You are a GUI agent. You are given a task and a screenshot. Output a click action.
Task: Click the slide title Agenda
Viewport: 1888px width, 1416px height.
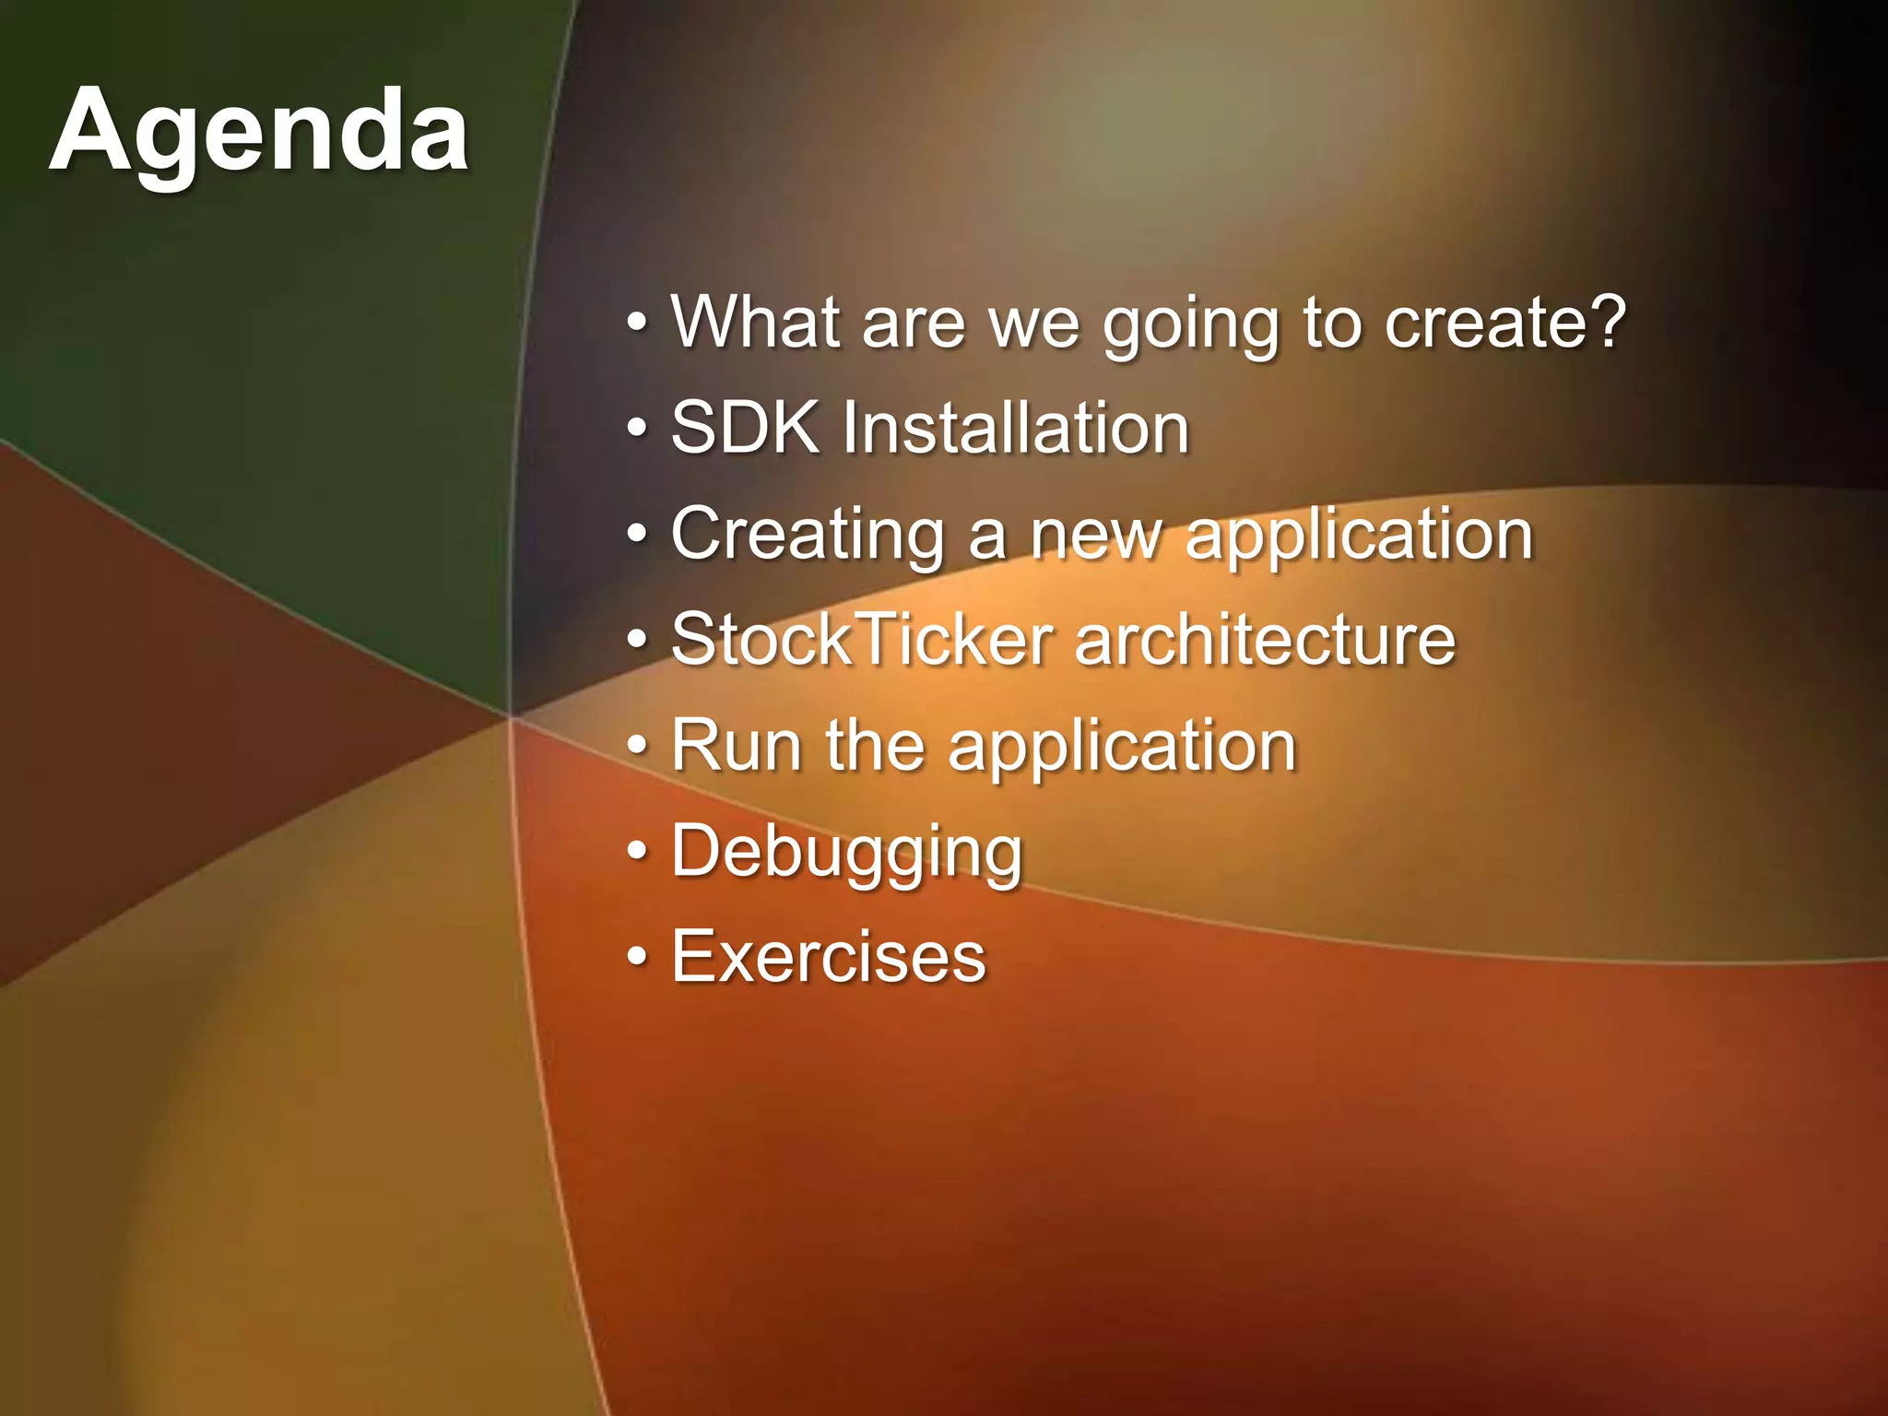[x=259, y=132]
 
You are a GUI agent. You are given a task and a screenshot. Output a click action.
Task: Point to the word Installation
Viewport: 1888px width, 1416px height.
[x=1015, y=428]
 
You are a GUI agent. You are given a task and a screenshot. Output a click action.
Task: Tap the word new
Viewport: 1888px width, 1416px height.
[x=1096, y=536]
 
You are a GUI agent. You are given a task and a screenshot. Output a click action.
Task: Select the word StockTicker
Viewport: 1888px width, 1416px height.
[x=862, y=640]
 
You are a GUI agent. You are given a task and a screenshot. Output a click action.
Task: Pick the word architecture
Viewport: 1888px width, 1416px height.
[x=1265, y=640]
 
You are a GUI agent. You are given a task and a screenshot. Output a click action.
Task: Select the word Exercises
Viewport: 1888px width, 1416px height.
[x=829, y=957]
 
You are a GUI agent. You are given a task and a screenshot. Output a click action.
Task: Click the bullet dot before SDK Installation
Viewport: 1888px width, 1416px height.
[x=637, y=430]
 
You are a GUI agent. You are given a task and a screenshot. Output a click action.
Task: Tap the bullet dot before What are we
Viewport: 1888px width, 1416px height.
[x=637, y=324]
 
